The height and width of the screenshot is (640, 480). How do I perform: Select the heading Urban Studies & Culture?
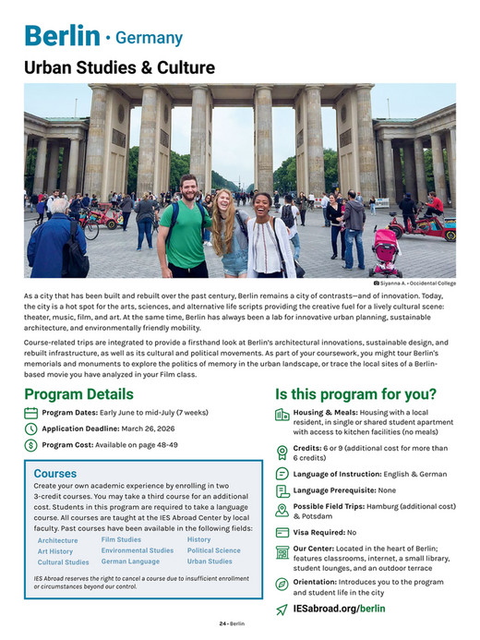119,68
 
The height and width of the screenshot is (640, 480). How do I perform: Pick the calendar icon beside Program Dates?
31,413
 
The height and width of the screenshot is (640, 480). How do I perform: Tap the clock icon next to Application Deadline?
31,429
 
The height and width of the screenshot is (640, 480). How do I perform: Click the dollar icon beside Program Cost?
31,445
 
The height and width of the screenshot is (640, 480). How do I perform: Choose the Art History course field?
55,551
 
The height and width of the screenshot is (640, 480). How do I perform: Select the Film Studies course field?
121,539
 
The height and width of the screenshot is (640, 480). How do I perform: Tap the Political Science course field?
213,550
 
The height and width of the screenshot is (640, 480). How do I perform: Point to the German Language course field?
130,562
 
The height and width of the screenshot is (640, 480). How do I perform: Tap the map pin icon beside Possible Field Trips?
282,511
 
